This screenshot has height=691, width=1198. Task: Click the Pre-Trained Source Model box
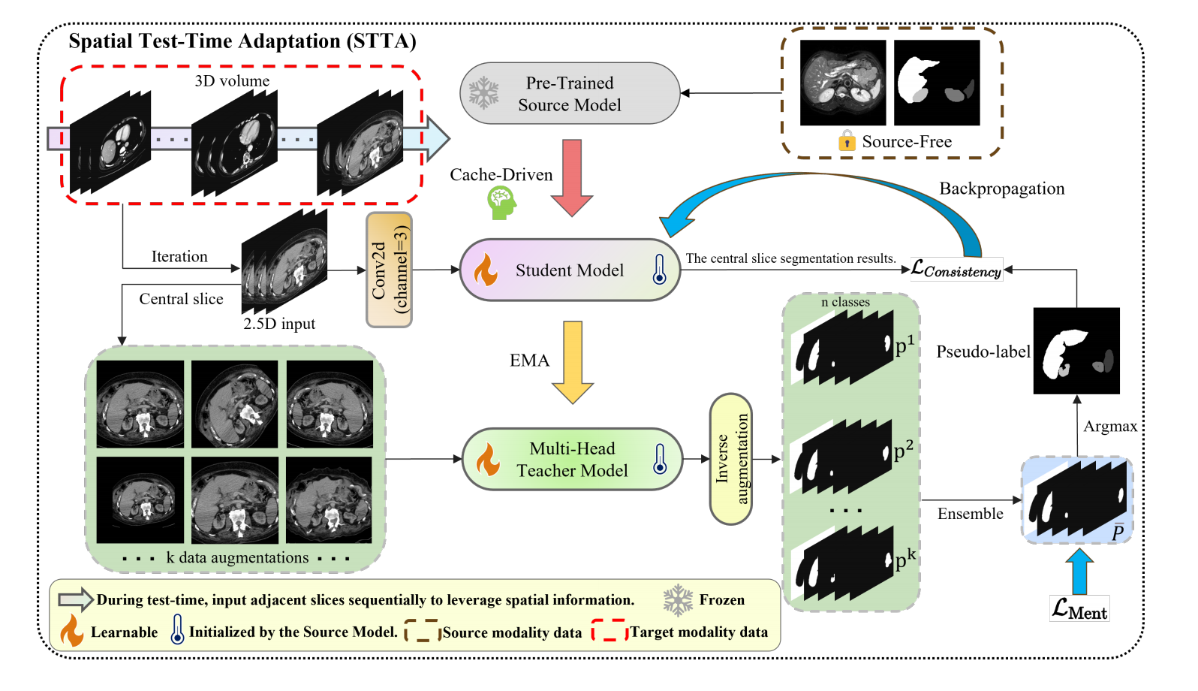(x=570, y=94)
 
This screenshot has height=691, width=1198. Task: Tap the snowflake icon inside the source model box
(x=484, y=93)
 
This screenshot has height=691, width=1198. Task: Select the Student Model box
(x=570, y=270)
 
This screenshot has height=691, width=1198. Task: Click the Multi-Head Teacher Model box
(x=572, y=460)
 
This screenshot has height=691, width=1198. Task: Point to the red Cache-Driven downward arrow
(x=572, y=177)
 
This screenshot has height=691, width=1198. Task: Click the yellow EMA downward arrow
(x=573, y=362)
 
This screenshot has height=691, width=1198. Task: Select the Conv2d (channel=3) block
(x=389, y=270)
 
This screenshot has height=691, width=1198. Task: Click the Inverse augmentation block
(x=731, y=459)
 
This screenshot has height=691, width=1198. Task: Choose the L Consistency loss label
(x=956, y=269)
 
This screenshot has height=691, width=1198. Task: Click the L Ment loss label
(x=1079, y=608)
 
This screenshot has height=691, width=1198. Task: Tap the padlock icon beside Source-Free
(x=847, y=141)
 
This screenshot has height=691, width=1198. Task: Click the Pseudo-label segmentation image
(x=1076, y=351)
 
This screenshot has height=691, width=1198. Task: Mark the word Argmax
(x=1110, y=427)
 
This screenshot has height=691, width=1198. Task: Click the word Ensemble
(x=970, y=514)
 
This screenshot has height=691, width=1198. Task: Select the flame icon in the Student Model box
(x=486, y=270)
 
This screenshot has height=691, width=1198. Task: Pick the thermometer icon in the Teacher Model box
(x=660, y=458)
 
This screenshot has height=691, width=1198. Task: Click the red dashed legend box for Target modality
(x=609, y=631)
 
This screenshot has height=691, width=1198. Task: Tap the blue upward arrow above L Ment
(x=1079, y=572)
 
